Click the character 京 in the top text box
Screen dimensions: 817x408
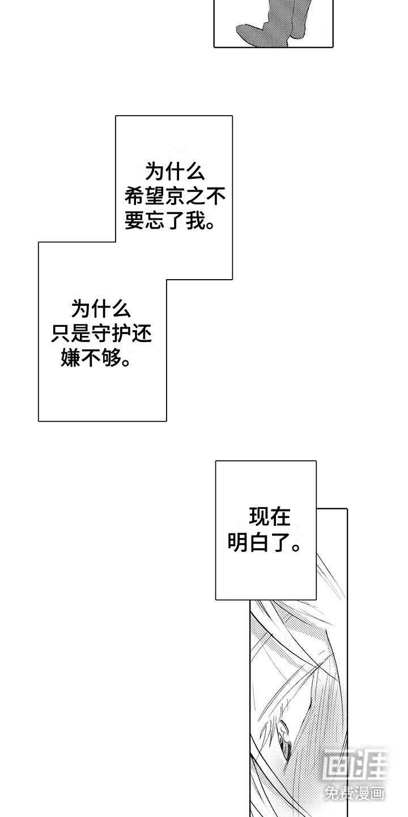[176, 196]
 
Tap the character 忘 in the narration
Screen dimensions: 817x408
[155, 222]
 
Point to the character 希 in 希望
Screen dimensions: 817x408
[135, 196]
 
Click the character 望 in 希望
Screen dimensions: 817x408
[155, 196]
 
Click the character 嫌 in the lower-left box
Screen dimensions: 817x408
[71, 359]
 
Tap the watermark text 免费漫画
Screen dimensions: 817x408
[354, 793]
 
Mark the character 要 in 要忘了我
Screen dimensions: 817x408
[135, 222]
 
